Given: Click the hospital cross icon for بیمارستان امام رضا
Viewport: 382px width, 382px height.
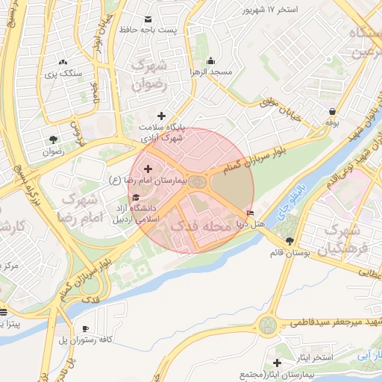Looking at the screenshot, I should pos(147,169).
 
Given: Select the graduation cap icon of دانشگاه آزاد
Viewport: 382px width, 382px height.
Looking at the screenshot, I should pos(136,197).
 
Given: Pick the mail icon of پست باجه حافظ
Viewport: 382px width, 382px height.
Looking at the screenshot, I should pos(147,18).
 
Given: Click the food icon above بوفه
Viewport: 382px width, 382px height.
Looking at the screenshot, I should pos(332,111).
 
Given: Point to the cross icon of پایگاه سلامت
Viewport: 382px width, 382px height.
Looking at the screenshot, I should pos(161,115).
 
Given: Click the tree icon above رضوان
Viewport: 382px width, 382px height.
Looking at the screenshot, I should pos(53,139).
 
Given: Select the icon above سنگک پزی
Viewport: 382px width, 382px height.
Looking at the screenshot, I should pos(63,62).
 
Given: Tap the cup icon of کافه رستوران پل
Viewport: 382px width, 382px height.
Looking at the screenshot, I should pos(85,328).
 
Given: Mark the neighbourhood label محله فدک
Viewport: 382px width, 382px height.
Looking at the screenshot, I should pos(202,224).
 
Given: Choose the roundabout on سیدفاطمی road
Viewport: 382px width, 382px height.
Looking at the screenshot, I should pos(267,325).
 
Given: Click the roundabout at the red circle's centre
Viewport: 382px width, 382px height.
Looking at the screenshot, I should pos(196,182).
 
